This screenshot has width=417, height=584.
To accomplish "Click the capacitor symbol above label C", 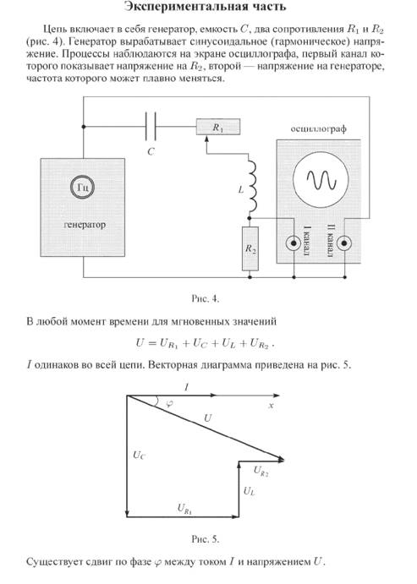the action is tap(151, 127).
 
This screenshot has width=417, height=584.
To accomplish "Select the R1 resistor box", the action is tap(218, 127).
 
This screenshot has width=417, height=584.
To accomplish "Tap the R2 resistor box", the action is tap(250, 248).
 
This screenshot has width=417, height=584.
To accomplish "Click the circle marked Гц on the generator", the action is tap(82, 187).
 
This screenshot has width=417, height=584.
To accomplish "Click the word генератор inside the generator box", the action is tap(85, 225).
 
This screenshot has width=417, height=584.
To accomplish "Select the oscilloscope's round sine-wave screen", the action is tap(321, 179).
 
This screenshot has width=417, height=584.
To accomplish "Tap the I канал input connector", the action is tap(294, 243).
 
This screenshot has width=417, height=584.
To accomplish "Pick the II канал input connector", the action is tap(344, 243).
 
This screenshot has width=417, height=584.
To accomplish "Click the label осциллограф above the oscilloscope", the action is tap(318, 128).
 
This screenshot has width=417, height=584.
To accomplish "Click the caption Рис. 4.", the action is tap(206, 298).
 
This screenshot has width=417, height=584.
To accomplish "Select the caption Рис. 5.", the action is tap(206, 539).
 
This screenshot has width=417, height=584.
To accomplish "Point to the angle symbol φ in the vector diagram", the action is tap(169, 403).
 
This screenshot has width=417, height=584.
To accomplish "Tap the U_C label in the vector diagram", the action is tap(139, 456).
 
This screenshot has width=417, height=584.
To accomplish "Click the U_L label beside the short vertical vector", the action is tap(249, 491).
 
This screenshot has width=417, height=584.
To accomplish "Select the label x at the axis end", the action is tap(272, 405).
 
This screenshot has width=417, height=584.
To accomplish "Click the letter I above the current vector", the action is tap(186, 387).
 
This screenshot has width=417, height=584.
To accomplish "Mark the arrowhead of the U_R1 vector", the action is tap(235, 516).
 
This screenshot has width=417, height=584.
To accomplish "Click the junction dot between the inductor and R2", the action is tap(250, 218).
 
